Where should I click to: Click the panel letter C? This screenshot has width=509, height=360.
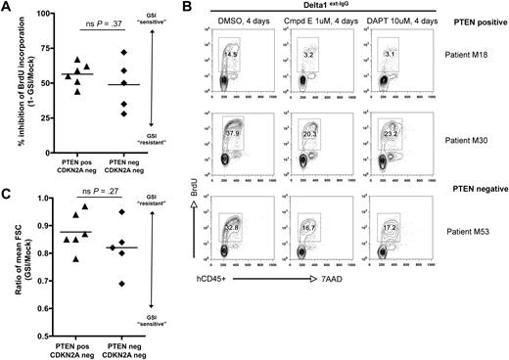point(8,195)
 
